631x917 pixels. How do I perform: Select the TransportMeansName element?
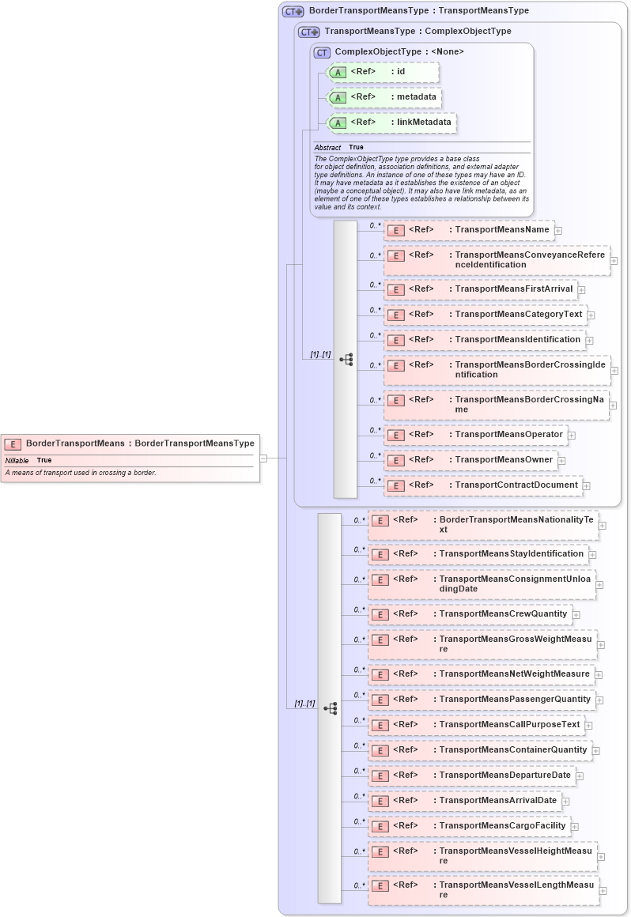469,230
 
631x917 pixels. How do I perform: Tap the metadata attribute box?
384,97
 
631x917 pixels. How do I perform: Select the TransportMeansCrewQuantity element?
470,614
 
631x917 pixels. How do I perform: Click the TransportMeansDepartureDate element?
471,775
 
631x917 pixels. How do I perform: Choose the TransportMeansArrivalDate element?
464,801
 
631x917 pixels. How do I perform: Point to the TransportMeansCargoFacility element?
469,826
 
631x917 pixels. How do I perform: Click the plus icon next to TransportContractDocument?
587,485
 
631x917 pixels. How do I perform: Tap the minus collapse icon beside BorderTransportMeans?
263,458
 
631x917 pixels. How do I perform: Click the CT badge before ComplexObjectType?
322,52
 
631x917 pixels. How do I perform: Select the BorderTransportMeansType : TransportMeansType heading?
418,11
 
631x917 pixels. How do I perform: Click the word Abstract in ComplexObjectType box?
327,148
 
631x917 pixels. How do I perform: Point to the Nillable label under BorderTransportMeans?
17,460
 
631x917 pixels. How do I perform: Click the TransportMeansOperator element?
475,435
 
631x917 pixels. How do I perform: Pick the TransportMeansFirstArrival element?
480,289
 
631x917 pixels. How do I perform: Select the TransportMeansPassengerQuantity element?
482,700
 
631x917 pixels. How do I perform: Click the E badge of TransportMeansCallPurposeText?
380,725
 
